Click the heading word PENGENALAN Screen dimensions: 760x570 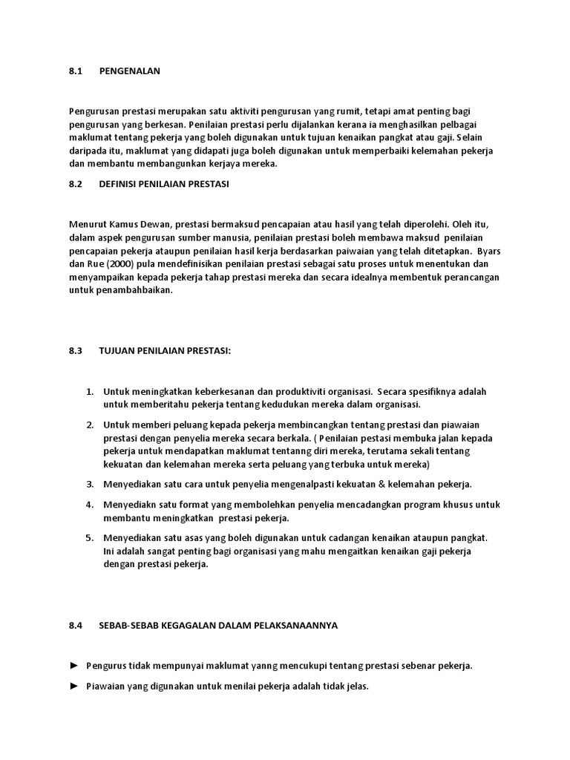tap(129, 71)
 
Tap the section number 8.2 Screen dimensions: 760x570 tap(74, 184)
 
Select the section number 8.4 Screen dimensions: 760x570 tap(74, 625)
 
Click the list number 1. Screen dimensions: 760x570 tap(88, 391)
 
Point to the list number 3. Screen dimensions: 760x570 tap(88, 484)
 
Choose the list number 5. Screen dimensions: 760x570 tap(88, 537)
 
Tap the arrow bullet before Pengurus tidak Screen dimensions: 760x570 tap(73, 666)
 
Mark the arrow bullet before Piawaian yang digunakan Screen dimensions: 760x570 tap(73, 687)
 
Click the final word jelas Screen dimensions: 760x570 tap(356, 687)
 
